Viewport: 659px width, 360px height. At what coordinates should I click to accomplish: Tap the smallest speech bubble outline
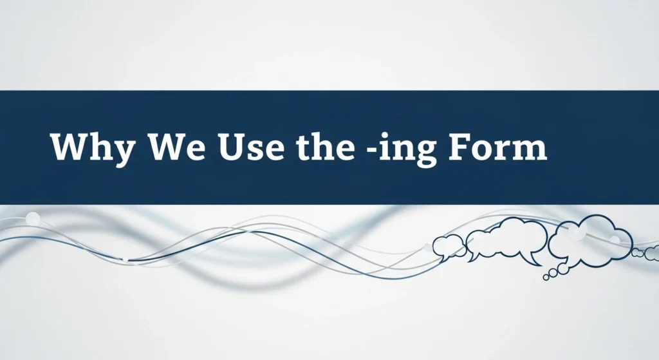[x=448, y=246]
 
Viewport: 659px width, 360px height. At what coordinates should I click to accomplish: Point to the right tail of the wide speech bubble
[x=534, y=260]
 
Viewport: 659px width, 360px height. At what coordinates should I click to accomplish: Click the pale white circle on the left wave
[x=32, y=219]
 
